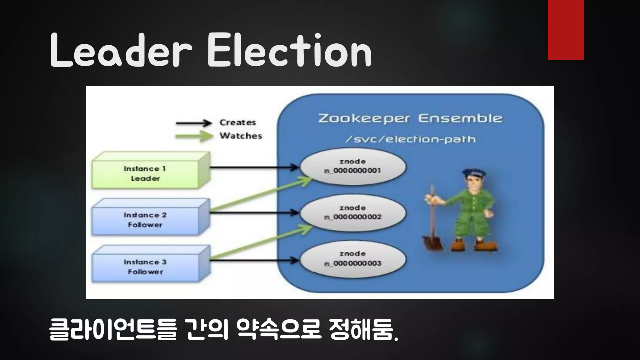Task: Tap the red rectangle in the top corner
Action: [x=566, y=30]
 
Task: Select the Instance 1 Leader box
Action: [x=146, y=173]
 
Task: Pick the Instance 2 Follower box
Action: [x=146, y=220]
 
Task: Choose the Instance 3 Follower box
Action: [x=146, y=267]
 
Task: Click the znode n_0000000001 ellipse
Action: [x=353, y=166]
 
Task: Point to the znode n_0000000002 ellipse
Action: [x=353, y=212]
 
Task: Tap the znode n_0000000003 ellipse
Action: [x=353, y=259]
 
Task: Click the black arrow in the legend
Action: [x=194, y=123]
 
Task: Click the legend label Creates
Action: [x=237, y=122]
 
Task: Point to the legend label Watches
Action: [x=241, y=136]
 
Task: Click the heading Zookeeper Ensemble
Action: [x=410, y=118]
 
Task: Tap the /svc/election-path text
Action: [x=410, y=139]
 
